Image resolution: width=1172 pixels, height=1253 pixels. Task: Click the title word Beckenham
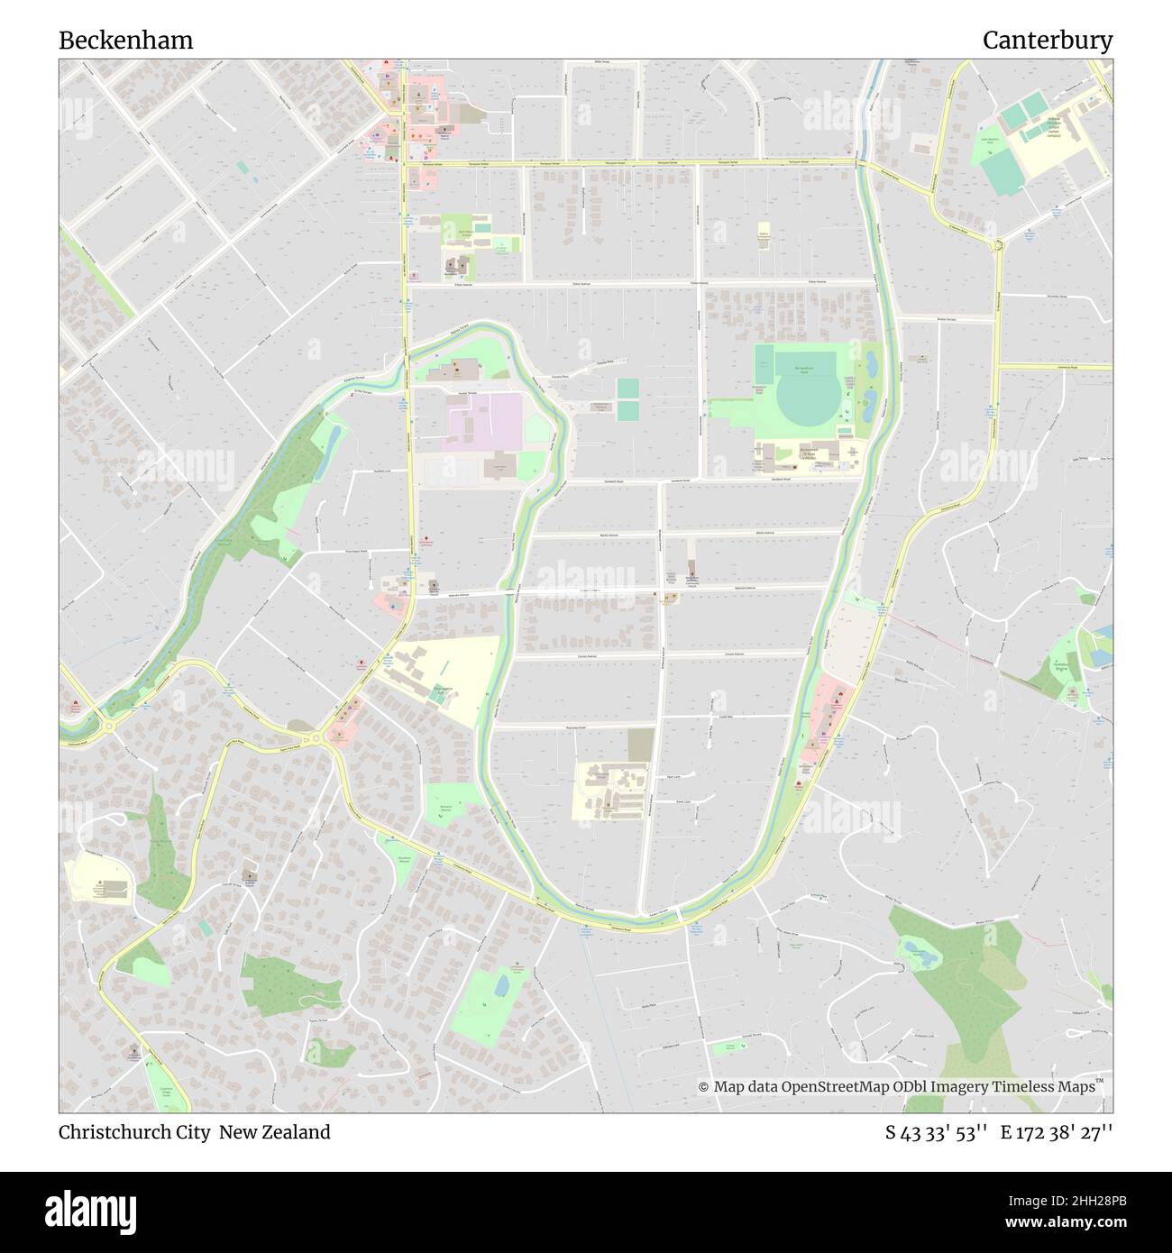pyautogui.click(x=126, y=41)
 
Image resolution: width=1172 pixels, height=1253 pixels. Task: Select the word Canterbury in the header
pyautogui.click(x=1047, y=41)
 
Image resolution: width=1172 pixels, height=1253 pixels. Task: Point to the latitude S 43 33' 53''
pyautogui.click(x=937, y=1132)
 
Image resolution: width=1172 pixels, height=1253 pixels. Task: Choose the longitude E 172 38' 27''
pyautogui.click(x=1061, y=1132)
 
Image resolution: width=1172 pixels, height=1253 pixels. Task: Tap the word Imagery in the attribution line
pyautogui.click(x=954, y=1087)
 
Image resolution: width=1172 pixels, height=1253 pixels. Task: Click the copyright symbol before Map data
pyautogui.click(x=704, y=1087)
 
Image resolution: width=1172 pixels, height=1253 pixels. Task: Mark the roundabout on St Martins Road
pyautogui.click(x=998, y=245)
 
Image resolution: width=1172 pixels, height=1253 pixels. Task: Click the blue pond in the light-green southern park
pyautogui.click(x=501, y=984)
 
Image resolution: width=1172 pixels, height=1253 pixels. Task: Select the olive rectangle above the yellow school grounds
pyautogui.click(x=641, y=745)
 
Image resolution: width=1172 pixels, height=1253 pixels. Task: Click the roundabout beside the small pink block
pyautogui.click(x=316, y=739)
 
